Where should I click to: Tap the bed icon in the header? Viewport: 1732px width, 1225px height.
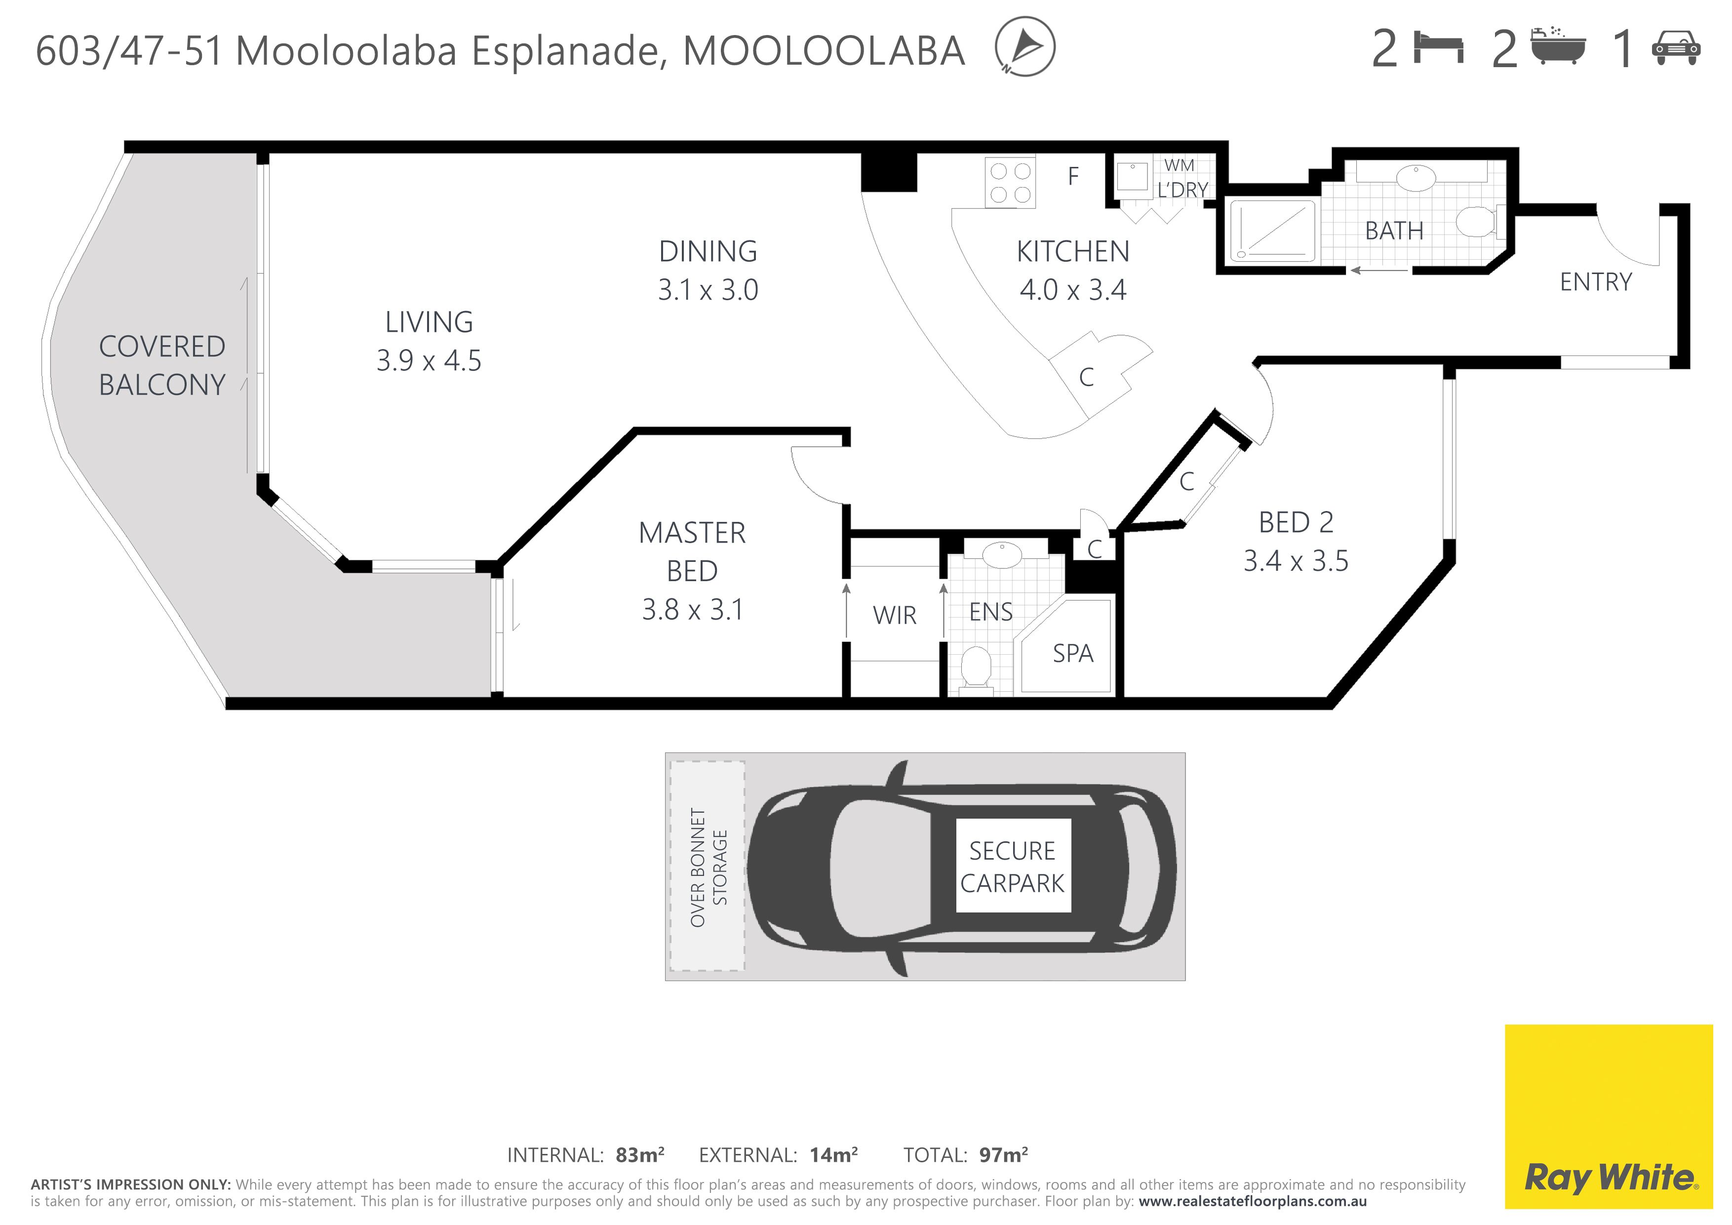(x=1439, y=48)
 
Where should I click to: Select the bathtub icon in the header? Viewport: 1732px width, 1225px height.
(x=1558, y=47)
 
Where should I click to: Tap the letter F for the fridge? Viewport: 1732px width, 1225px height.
(x=1073, y=176)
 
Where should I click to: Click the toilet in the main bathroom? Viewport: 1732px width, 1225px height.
(x=1479, y=223)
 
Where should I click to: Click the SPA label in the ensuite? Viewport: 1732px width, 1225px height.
(x=1073, y=653)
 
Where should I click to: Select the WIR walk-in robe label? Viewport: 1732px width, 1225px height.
(x=895, y=616)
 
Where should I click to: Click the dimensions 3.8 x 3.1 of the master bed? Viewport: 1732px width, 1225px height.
(x=693, y=609)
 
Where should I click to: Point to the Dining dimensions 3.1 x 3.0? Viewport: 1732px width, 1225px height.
(x=708, y=290)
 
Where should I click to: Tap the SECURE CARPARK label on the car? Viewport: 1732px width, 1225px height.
(x=1012, y=867)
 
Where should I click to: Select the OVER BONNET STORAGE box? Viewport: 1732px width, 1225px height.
(x=708, y=866)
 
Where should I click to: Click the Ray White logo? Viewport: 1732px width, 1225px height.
(x=1609, y=1116)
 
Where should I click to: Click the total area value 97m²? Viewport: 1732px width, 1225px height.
(x=1003, y=1155)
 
